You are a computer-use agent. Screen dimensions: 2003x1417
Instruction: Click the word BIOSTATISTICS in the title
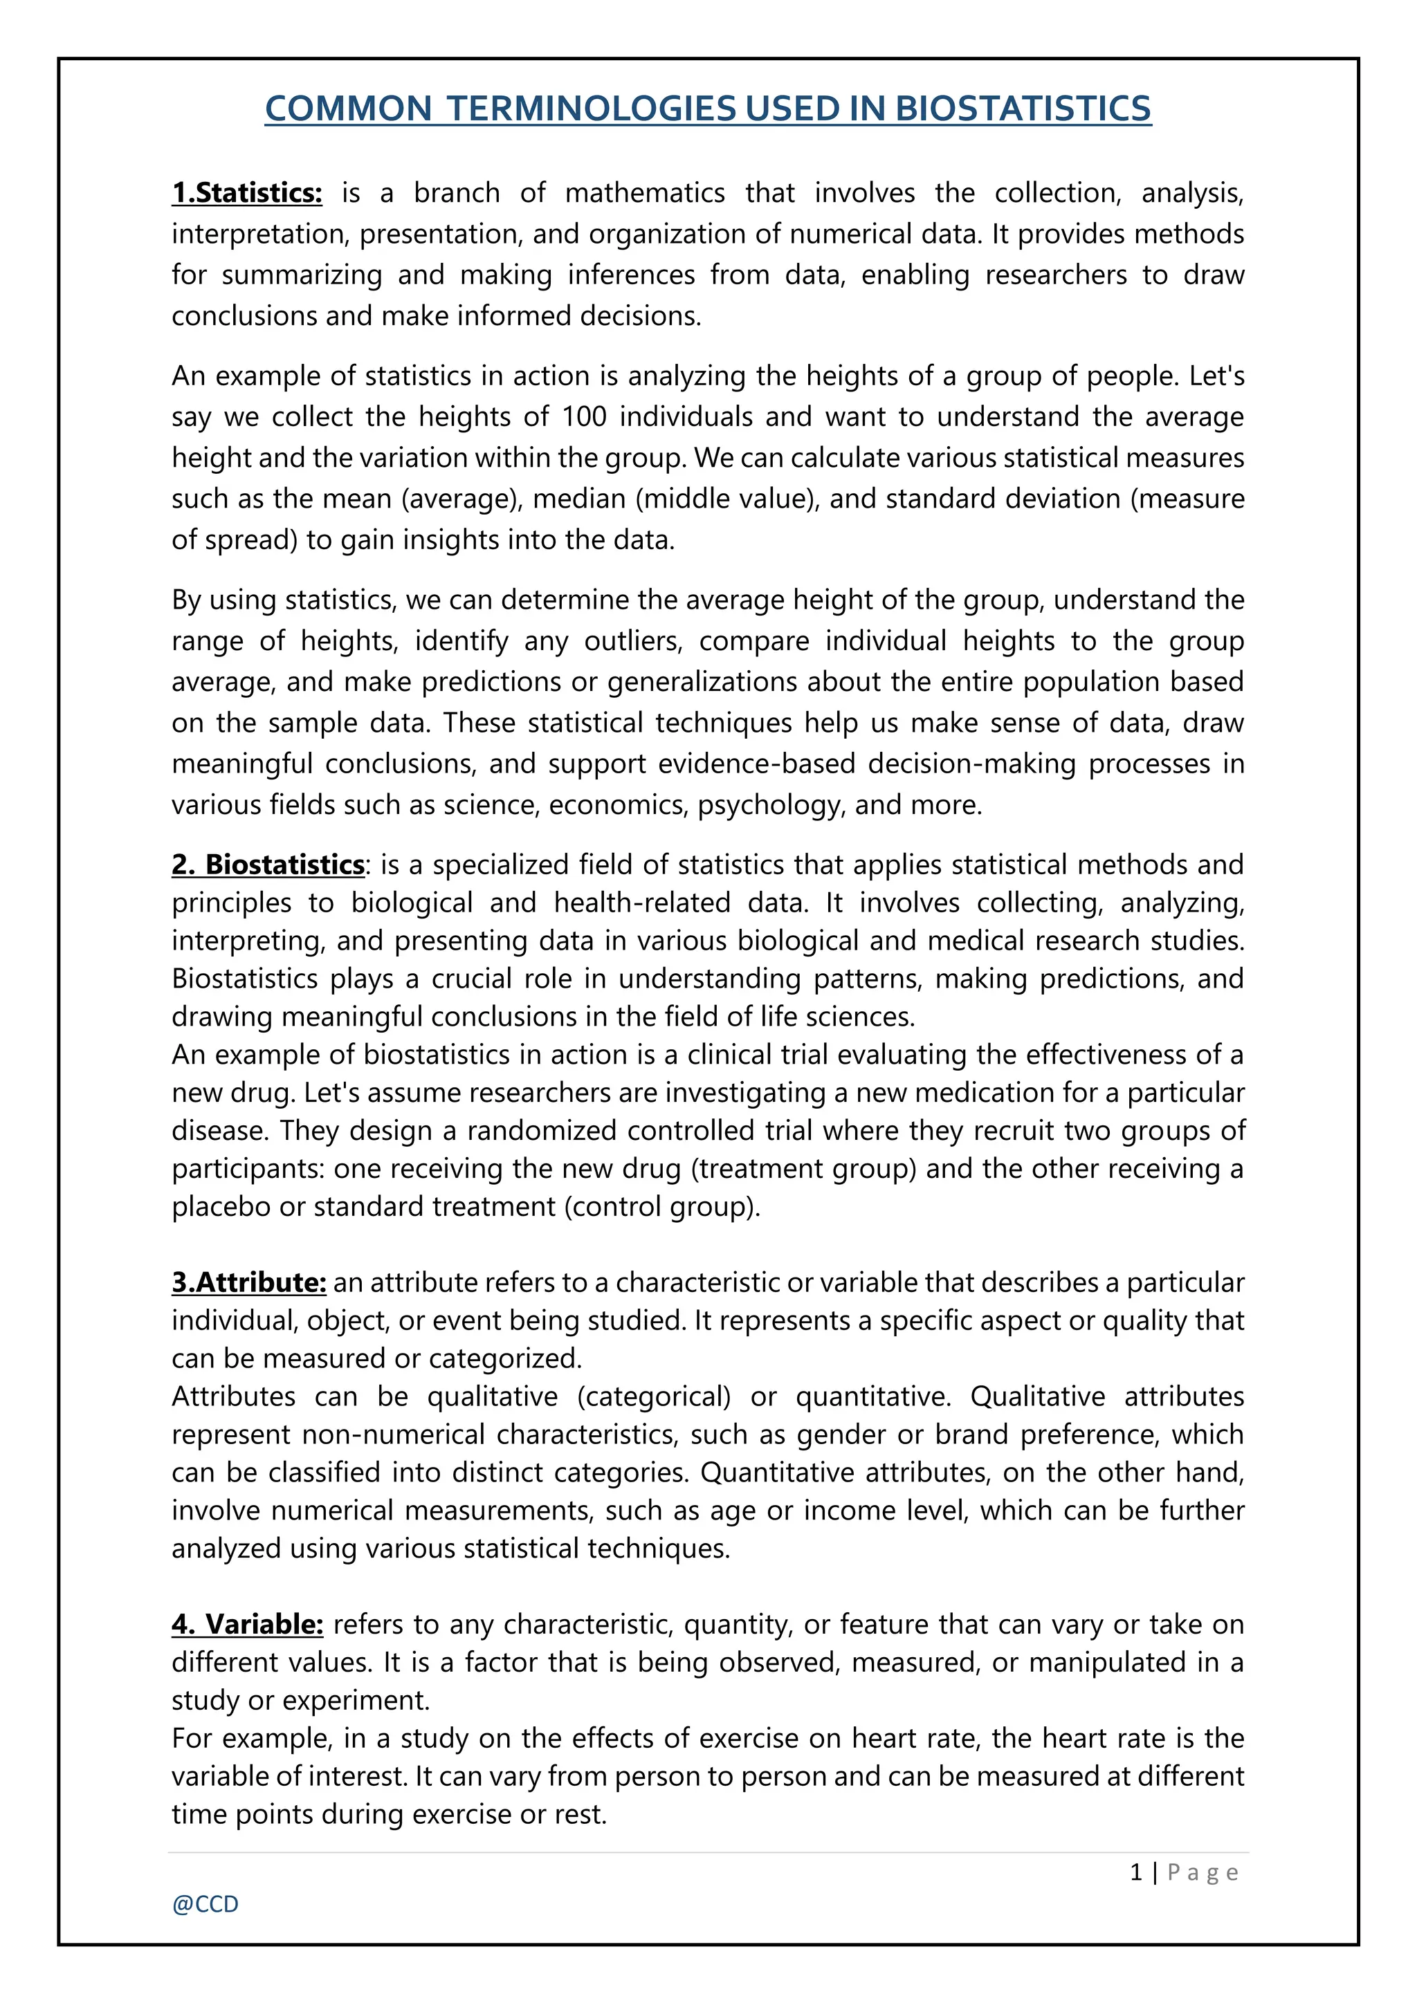(x=1023, y=109)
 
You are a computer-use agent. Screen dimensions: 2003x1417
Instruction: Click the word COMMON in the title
(x=348, y=109)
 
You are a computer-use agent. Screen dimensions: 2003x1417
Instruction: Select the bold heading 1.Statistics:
(x=247, y=193)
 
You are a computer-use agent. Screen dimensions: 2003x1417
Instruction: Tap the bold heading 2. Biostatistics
(x=268, y=865)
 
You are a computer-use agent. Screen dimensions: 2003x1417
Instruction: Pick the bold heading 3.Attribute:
(x=248, y=1282)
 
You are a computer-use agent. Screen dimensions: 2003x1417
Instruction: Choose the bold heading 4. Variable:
(x=247, y=1625)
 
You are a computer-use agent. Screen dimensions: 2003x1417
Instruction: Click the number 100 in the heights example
(x=584, y=417)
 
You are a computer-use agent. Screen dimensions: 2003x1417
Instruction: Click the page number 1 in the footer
(x=1136, y=1872)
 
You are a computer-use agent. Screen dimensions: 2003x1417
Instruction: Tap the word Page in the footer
(x=1203, y=1873)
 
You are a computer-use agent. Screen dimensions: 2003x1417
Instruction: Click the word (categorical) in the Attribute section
(x=654, y=1396)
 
